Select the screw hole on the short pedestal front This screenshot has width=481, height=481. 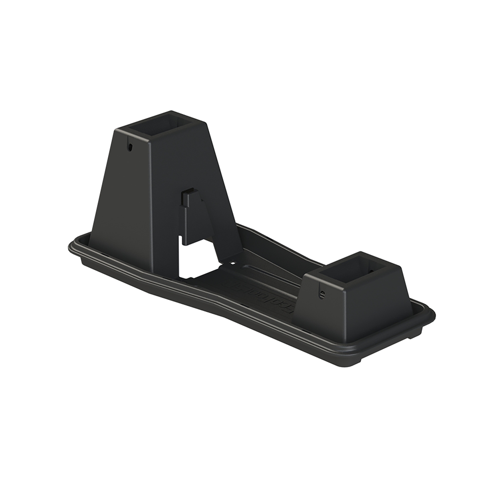321,294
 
